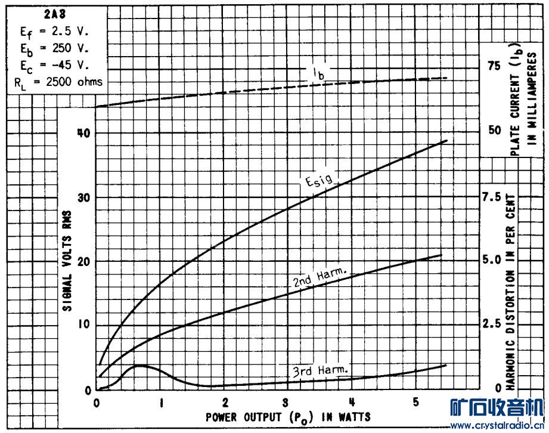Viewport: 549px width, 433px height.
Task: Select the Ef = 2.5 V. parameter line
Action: (x=55, y=30)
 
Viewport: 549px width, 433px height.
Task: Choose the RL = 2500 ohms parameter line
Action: (x=58, y=82)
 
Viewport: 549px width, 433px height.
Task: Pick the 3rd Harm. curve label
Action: (x=320, y=370)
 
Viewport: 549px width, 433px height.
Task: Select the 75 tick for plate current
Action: (x=495, y=65)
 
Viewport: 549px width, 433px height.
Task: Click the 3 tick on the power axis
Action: (x=287, y=401)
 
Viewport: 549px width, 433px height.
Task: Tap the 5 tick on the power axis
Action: (x=415, y=401)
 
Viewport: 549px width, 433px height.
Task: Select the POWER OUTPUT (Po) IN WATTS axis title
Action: (x=288, y=416)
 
